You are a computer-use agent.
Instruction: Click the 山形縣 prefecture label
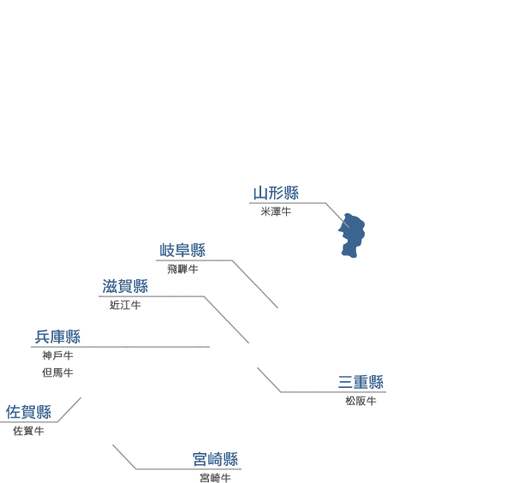pos(276,193)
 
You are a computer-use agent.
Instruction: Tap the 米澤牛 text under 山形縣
pos(276,212)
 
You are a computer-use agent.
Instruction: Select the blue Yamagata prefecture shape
pos(352,236)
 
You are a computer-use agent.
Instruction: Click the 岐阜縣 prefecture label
pos(182,250)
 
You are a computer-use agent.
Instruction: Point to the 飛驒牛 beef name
pos(182,269)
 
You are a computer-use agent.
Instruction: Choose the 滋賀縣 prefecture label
pos(125,286)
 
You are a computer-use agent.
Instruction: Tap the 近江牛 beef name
pos(125,306)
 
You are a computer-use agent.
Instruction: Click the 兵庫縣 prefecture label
pos(57,337)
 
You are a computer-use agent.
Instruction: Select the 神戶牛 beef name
pos(57,355)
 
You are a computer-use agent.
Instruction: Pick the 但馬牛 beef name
pos(57,373)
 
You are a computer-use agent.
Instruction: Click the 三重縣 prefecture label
pos(361,382)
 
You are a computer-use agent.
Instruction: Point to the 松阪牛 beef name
pos(361,401)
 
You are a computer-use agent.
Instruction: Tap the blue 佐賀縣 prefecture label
pos(28,412)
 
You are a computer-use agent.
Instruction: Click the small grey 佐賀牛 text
pos(28,431)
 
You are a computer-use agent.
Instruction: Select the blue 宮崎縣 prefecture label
pos(215,459)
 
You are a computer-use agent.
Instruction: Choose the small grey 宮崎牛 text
pos(215,478)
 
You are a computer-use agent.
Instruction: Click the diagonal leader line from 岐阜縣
pos(255,284)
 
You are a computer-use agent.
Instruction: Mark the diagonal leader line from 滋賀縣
pos(226,319)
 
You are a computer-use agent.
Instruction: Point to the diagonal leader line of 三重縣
pos(269,379)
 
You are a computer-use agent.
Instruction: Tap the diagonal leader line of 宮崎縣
pos(124,456)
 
